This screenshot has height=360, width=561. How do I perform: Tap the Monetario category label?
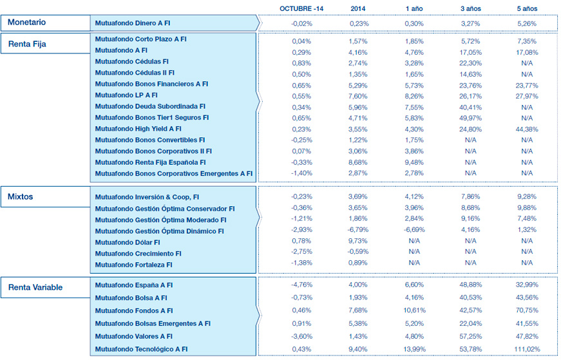pyautogui.click(x=26, y=23)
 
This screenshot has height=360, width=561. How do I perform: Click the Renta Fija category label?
pyautogui.click(x=27, y=44)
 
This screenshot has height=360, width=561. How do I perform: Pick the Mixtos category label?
pyautogui.click(x=20, y=196)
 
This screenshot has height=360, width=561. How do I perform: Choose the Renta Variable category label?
pyautogui.click(x=35, y=287)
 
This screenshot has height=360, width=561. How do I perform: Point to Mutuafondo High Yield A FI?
pyautogui.click(x=138, y=129)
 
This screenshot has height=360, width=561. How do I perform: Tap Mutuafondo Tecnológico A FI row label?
pyautogui.click(x=142, y=349)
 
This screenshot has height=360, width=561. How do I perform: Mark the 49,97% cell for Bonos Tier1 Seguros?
pyautogui.click(x=470, y=118)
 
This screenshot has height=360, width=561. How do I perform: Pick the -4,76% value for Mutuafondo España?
pyautogui.click(x=301, y=285)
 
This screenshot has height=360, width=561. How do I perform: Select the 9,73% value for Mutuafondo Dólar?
pyautogui.click(x=359, y=241)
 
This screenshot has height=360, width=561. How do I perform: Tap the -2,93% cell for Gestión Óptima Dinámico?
pyautogui.click(x=301, y=230)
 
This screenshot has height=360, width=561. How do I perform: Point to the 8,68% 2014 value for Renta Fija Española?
pyautogui.click(x=359, y=162)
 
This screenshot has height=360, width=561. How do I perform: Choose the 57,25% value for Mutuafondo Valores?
pyautogui.click(x=470, y=336)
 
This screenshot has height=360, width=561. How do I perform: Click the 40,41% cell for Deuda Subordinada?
pyautogui.click(x=470, y=106)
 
